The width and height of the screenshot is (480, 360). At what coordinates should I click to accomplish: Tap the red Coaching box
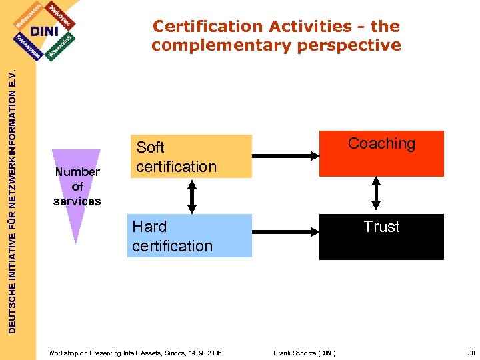point(381,153)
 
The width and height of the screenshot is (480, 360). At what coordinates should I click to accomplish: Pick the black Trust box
point(381,237)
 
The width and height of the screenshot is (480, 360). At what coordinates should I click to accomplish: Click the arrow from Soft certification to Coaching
point(286,156)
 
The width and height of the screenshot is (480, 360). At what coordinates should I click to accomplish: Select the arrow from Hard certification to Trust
point(286,231)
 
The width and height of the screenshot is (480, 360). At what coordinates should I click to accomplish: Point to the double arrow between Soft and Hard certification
point(192,195)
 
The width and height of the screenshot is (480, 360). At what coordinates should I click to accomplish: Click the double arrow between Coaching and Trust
point(375,195)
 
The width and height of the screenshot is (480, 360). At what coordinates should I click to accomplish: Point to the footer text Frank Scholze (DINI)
point(305,353)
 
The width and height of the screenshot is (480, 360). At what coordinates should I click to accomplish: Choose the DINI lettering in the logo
point(44,31)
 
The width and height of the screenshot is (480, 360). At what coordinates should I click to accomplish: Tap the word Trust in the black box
point(381,227)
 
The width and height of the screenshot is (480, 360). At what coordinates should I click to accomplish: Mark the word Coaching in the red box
point(381,143)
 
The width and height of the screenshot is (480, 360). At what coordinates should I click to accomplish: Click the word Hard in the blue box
point(149,227)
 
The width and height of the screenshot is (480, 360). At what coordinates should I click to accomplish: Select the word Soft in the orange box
point(150,147)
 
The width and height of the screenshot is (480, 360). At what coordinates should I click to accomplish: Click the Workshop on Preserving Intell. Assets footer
point(135,353)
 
